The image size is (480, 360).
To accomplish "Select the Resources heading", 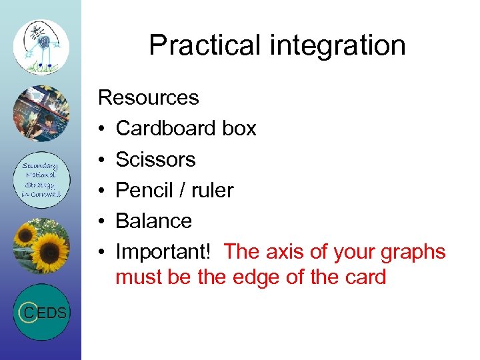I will point(148,98).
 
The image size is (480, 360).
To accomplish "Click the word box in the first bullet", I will point(239,129).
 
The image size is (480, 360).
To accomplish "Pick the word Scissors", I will point(155,159).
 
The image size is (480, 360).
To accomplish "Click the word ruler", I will point(211,190).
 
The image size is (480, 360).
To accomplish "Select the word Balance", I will point(153,221).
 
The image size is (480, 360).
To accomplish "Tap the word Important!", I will point(163,252).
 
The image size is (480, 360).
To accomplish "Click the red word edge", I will point(255,277).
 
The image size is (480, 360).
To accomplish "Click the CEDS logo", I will point(41,312).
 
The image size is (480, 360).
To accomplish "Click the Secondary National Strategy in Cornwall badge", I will point(41,180).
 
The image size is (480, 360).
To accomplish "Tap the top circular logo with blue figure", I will point(41,47).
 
